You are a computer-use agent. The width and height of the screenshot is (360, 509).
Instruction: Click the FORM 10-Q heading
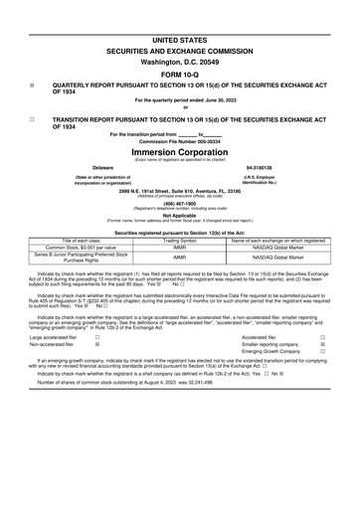click(180, 74)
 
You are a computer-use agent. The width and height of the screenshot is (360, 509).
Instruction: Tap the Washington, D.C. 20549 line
click(180, 60)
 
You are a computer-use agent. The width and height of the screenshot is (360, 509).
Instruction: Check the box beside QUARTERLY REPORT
click(33, 85)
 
